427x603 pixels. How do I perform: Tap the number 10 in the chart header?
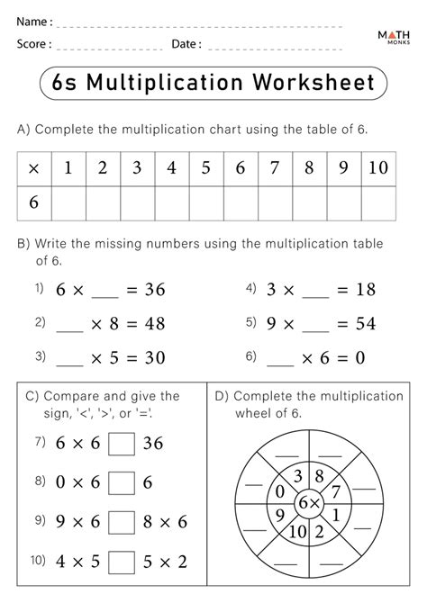(378, 167)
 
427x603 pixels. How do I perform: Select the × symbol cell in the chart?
(34, 168)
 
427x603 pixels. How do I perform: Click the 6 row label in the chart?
(34, 202)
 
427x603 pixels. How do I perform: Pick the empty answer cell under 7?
(275, 202)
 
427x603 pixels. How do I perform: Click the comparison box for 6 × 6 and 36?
(121, 444)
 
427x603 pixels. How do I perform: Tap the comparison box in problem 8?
(121, 481)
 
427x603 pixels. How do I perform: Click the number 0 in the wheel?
(280, 491)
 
